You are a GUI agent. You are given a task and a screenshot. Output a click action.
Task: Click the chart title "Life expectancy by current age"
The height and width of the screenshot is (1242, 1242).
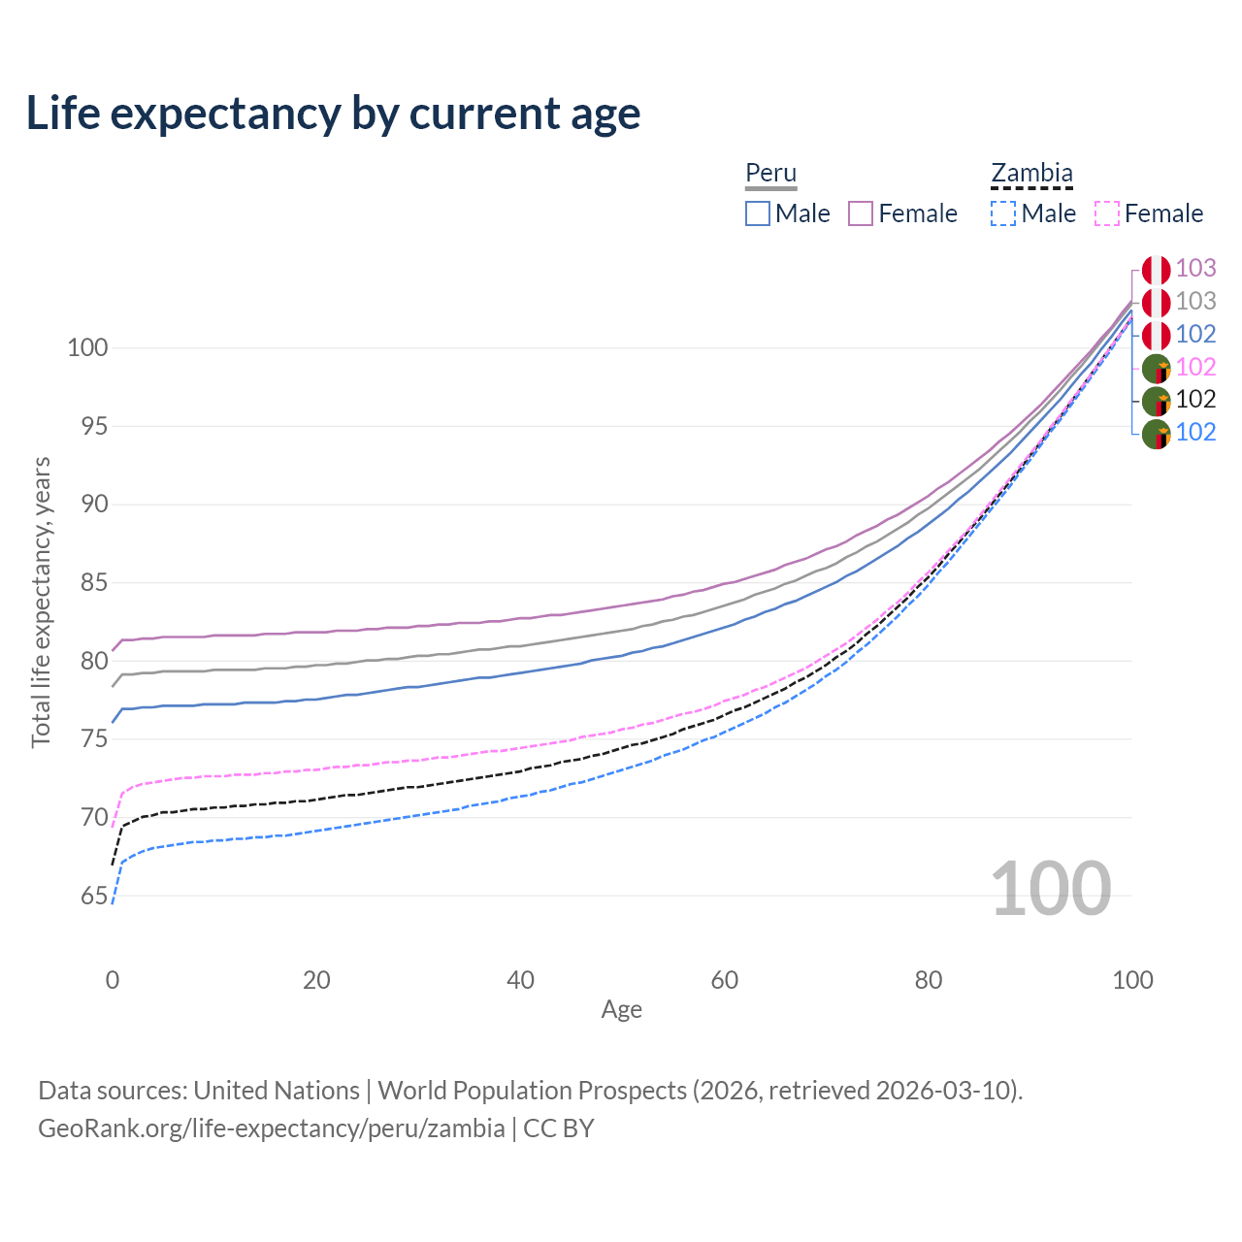[x=333, y=114]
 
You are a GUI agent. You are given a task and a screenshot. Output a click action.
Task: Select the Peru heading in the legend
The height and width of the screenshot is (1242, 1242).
[x=770, y=174]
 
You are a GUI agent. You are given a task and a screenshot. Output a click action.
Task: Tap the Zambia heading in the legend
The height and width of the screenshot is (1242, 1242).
[x=1031, y=174]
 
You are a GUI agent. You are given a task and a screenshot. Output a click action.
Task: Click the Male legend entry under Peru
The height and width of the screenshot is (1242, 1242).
[x=788, y=213]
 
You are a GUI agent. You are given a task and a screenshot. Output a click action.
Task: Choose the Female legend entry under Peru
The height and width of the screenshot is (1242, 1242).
[x=903, y=213]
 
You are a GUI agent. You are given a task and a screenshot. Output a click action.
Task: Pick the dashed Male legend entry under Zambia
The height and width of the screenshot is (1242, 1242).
[x=1033, y=213]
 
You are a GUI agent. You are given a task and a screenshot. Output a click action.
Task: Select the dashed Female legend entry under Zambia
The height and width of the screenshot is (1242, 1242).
[x=1150, y=213]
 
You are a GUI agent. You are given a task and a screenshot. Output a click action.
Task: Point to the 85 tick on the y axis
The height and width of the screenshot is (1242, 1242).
[x=87, y=583]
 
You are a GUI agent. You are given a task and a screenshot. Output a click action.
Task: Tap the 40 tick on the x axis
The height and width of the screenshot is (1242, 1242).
[x=520, y=980]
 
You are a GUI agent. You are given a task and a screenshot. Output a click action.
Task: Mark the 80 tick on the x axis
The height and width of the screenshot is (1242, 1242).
[x=929, y=980]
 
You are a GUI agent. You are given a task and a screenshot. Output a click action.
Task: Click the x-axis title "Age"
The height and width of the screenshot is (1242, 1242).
[x=621, y=1010]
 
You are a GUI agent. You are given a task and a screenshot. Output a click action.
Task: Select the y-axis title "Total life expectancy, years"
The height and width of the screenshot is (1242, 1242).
[x=41, y=603]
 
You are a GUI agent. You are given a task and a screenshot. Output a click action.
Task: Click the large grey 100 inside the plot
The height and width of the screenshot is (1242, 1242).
[x=1051, y=889]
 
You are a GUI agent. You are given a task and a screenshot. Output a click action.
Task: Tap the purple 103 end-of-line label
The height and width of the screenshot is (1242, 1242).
[x=1195, y=269]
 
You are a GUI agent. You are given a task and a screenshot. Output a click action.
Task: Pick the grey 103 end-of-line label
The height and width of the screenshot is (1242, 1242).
[x=1195, y=302]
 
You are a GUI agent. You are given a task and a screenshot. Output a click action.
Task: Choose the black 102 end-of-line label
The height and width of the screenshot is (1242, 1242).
[x=1195, y=400]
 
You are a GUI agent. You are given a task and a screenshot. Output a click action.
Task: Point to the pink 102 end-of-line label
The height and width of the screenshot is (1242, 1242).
[x=1195, y=367]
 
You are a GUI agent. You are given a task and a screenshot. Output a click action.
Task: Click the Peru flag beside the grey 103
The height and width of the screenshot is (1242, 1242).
[x=1156, y=303]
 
